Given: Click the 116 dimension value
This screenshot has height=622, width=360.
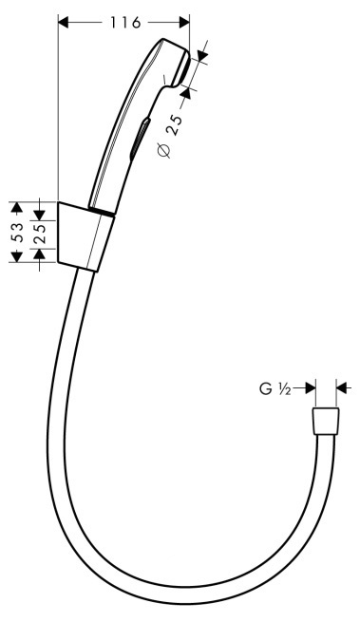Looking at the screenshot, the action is pyautogui.click(x=125, y=23).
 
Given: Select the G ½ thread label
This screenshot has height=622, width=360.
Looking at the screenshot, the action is pyautogui.click(x=275, y=389).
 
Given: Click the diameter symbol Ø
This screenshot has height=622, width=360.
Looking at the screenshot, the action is pyautogui.click(x=164, y=151).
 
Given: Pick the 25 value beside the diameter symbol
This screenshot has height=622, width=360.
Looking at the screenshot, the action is pyautogui.click(x=174, y=125).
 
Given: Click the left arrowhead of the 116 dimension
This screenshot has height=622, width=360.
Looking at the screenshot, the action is pyautogui.click(x=64, y=23).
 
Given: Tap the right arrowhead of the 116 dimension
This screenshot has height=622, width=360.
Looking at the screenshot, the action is pyautogui.click(x=184, y=23).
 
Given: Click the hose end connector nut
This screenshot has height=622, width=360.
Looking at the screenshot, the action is pyautogui.click(x=326, y=422).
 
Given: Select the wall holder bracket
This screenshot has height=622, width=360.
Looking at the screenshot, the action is pyautogui.click(x=85, y=236).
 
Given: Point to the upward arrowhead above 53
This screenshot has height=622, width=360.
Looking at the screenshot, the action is pyautogui.click(x=16, y=208).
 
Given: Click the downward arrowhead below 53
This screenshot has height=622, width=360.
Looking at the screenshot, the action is pyautogui.click(x=16, y=256).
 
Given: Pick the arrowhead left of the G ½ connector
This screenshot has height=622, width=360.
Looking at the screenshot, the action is pyautogui.click(x=311, y=388).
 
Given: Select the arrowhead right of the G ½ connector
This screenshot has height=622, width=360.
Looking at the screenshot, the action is pyautogui.click(x=342, y=388).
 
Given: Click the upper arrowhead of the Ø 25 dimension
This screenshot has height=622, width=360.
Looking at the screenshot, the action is pyautogui.click(x=200, y=55).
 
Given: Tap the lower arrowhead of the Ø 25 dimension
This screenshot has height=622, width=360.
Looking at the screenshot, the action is pyautogui.click(x=185, y=91).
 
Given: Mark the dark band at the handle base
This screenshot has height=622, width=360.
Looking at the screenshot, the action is pyautogui.click(x=102, y=211).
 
